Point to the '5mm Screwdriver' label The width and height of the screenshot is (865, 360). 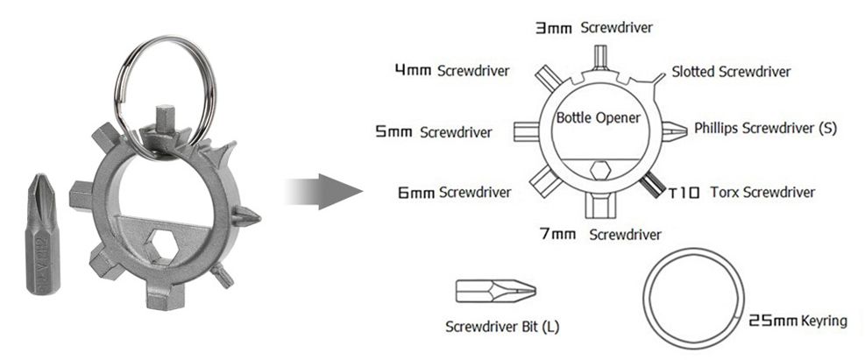click(433, 132)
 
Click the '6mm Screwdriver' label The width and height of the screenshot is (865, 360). click(453, 191)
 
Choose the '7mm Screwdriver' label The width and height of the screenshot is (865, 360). click(599, 234)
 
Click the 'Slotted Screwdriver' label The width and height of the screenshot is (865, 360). click(731, 71)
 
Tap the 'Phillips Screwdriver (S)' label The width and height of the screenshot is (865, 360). click(765, 128)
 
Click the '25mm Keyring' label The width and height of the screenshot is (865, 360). click(798, 321)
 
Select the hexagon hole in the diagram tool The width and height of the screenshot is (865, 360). click(601, 169)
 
